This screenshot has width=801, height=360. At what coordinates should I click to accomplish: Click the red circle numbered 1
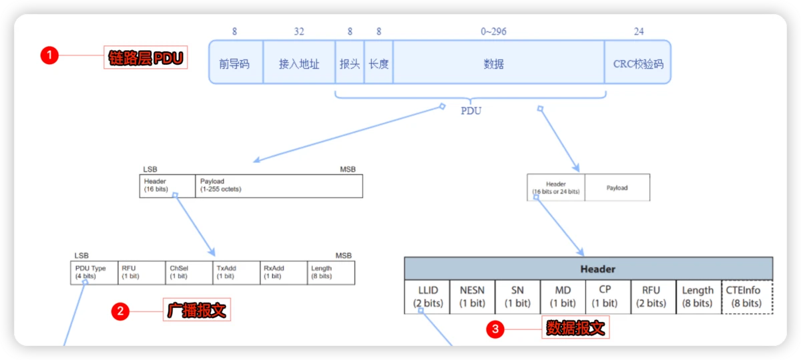pyautogui.click(x=49, y=56)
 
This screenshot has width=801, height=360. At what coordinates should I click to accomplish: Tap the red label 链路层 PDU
pyautogui.click(x=145, y=57)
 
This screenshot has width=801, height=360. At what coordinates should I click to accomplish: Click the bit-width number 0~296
pyautogui.click(x=493, y=31)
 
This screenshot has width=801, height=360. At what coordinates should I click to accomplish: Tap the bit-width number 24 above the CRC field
pyautogui.click(x=639, y=31)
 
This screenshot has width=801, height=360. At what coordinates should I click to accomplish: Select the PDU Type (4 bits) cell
pyautogui.click(x=94, y=273)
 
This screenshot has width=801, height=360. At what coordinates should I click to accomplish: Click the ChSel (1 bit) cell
pyautogui.click(x=189, y=273)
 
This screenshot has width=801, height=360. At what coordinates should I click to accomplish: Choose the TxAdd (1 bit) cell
pyautogui.click(x=236, y=273)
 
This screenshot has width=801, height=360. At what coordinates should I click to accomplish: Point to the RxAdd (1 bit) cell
pyautogui.click(x=284, y=273)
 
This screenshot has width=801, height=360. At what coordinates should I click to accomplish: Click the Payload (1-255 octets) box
pyautogui.click(x=278, y=186)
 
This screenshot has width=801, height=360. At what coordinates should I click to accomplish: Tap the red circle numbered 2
pyautogui.click(x=120, y=311)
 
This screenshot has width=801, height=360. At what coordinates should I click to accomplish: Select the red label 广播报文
pyautogui.click(x=197, y=310)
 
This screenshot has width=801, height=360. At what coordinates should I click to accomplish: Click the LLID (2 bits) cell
pyautogui.click(x=427, y=297)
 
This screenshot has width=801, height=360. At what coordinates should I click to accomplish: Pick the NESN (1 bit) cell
pyautogui.click(x=473, y=297)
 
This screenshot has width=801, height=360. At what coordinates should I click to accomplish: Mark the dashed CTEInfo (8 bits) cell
pyautogui.click(x=747, y=297)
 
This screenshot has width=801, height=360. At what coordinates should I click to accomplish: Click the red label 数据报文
pyautogui.click(x=575, y=327)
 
